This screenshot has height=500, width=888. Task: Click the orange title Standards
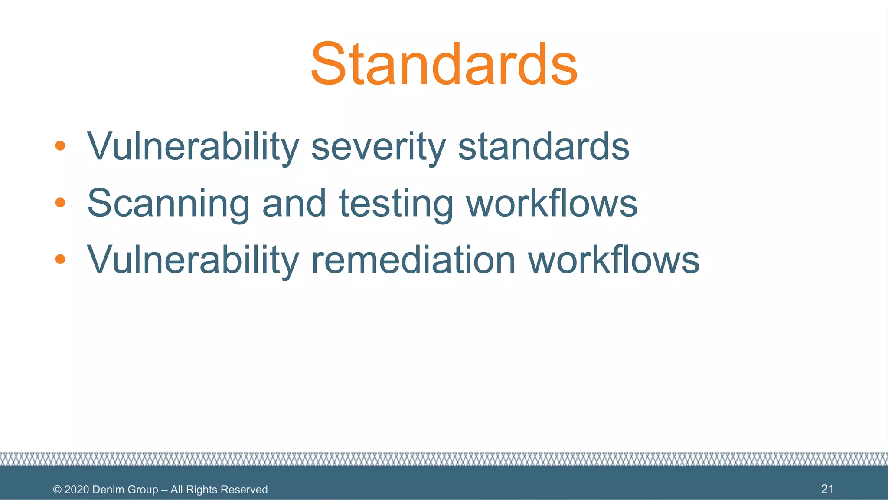444,64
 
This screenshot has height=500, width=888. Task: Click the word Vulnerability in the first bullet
193,147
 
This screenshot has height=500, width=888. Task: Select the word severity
378,147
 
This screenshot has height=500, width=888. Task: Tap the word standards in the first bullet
544,147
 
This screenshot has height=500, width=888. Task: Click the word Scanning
168,203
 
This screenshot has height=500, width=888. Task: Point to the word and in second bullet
294,203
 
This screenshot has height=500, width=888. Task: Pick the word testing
395,203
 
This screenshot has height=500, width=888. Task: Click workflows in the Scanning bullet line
552,203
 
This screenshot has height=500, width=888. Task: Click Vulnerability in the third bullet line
193,260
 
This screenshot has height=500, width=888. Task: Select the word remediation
413,260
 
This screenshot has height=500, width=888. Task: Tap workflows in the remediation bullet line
613,260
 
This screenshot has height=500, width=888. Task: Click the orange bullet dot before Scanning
60,202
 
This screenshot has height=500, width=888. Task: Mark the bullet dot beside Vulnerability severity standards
60,145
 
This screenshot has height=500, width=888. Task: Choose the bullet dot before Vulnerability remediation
60,259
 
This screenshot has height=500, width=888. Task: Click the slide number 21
827,489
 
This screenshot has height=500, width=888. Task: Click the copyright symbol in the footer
57,490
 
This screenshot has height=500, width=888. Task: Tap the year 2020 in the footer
77,490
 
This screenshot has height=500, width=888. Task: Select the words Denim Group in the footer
125,490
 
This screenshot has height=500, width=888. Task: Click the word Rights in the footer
201,490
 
